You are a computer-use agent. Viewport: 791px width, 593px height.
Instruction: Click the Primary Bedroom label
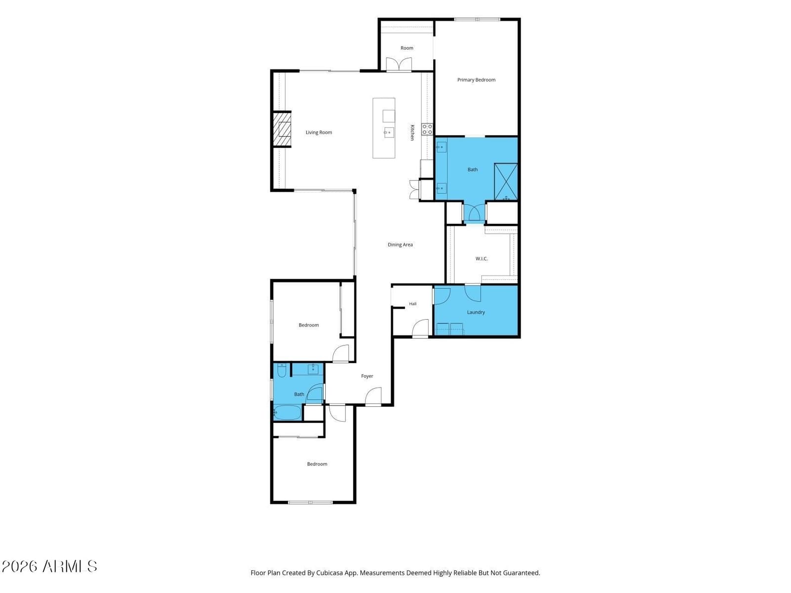coord(476,80)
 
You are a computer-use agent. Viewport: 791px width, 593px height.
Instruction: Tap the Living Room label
coord(318,132)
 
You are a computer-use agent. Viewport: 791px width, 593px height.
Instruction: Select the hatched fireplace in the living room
coord(282,129)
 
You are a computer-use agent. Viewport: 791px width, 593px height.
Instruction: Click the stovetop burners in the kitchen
coord(427,129)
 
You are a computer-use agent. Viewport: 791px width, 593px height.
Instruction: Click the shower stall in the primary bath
coord(506,181)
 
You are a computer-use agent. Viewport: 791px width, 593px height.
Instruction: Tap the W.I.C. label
coord(482,258)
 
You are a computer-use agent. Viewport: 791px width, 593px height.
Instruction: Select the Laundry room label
coord(476,312)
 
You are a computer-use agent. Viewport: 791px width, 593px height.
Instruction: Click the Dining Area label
coord(400,245)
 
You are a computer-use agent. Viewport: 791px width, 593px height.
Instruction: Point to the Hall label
coord(413,304)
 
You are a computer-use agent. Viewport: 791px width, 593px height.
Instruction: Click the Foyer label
coord(367,376)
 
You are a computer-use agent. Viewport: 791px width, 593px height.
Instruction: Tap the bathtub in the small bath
coord(287,412)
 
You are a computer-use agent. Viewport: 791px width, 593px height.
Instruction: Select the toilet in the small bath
coord(282,370)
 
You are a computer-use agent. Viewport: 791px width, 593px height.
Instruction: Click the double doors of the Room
coord(398,65)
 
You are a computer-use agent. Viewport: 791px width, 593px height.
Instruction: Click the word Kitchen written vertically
coord(412,132)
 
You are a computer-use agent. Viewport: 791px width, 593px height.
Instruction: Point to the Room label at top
coord(407,48)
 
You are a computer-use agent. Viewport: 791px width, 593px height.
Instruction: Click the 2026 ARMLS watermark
coord(49,566)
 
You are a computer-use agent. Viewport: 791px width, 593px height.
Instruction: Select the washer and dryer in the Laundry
coord(450,329)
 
